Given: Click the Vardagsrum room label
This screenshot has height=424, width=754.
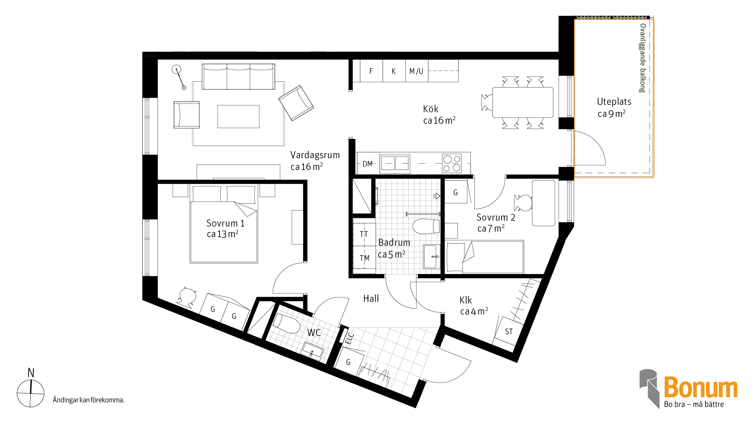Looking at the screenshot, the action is tap(315, 155).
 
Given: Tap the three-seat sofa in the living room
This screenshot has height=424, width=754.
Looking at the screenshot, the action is tap(238, 77).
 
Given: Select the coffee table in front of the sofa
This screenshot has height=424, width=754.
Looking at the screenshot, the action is tap(238, 117).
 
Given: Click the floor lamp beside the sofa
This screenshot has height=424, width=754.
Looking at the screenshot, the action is tap(179, 77).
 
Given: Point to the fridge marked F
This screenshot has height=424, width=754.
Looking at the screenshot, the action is tap(371, 71).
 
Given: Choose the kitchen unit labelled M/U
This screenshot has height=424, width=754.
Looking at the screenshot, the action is tap(417, 71).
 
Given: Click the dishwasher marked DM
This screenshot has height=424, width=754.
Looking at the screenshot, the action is tap(368, 164).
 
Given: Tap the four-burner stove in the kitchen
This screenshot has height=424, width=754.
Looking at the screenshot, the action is tap(452, 164).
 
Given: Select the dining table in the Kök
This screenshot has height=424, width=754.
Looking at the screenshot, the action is tap(523, 102).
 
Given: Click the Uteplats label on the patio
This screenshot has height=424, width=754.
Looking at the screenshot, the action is tap(614, 102).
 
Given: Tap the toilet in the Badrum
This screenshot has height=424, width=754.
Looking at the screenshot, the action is tap(426, 227).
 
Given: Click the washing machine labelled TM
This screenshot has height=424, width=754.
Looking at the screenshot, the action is tap(364, 258).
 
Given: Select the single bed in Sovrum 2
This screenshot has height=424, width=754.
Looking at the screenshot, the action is tap(485, 257).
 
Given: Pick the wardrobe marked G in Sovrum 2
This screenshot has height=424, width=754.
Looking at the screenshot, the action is tap(456, 192).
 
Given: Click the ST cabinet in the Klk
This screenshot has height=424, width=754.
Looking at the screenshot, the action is tap(509, 331).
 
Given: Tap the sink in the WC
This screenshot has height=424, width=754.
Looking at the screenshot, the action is tap(313, 351).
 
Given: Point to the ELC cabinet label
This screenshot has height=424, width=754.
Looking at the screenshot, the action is tap(350, 338).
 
